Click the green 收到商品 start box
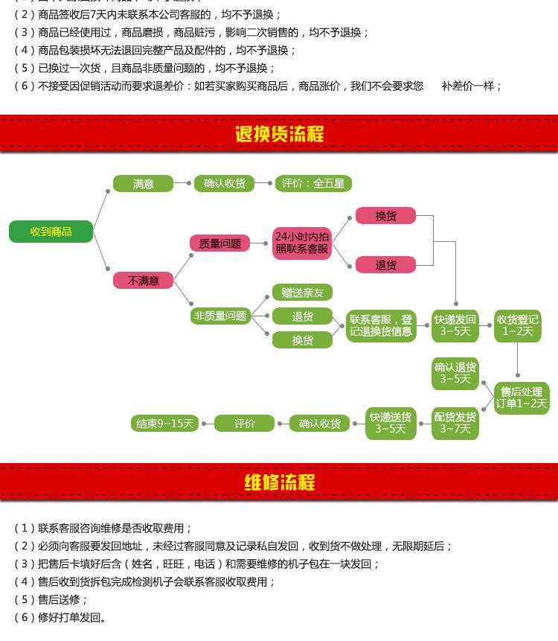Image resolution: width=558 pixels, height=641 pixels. pos(51,232)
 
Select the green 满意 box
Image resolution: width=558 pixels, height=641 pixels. pos(143,183)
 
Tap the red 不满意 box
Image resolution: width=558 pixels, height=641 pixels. pos(143,281)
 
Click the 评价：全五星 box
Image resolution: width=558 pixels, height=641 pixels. pos(312,183)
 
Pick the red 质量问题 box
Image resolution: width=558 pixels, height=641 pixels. pos(219,243)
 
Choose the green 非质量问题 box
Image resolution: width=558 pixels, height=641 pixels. pos(219,316)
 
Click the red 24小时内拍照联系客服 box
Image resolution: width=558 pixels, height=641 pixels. pos(301,243)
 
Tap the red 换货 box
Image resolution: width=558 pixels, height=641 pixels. pos(385,216)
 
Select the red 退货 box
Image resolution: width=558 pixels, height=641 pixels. pos(385,265)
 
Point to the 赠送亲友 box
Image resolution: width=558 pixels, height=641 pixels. pos(301,293)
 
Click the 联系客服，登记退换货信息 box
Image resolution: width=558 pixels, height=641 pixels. pos(381,325)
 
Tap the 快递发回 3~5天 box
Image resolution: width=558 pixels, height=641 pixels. pos(455,325)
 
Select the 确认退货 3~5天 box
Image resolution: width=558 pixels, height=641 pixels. pos(455,373)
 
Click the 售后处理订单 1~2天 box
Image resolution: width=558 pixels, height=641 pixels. pos(522,398)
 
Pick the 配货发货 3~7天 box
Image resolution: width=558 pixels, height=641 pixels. pos(455,423)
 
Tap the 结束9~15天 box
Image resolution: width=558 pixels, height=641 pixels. pos(164,424)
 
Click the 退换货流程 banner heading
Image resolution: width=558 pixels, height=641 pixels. pos(279,134)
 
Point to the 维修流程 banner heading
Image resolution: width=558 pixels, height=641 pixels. pos(279,482)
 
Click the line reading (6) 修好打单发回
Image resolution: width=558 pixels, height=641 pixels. pos(63,617)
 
